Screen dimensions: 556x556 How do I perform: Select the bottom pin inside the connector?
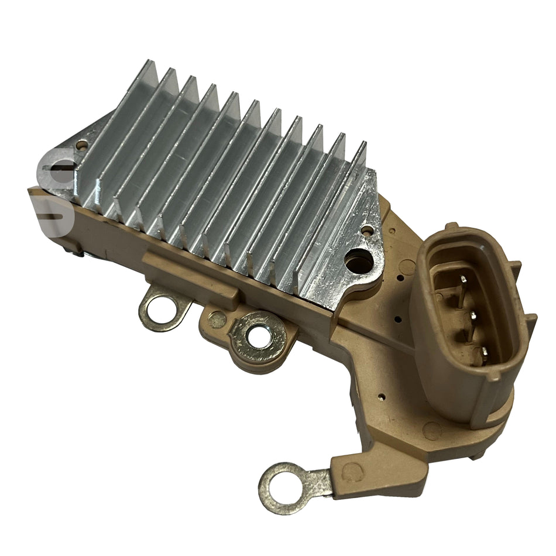pos(483,352)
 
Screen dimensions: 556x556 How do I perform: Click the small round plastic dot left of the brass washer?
pos(218,319)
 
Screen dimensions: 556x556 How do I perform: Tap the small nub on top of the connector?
pos(451,226)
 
